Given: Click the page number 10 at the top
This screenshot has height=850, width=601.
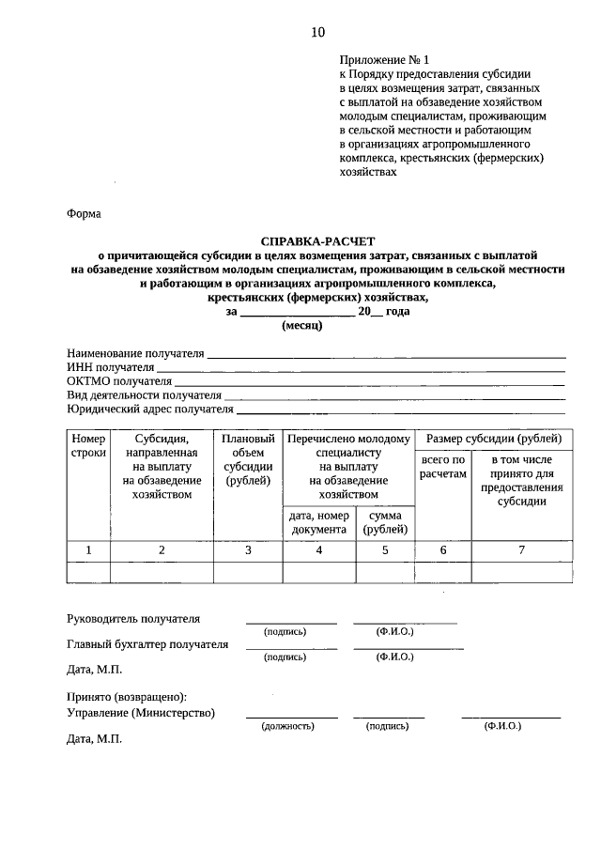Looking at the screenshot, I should click(x=317, y=32).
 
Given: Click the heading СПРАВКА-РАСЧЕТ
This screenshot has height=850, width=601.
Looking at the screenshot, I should click(x=317, y=240).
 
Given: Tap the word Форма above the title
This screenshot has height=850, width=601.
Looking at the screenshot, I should click(x=84, y=213).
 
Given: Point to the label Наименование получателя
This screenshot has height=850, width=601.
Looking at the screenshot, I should click(x=135, y=353).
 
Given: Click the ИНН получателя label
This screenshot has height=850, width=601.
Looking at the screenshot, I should click(x=110, y=367).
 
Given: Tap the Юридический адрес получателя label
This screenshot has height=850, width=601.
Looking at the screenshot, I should click(x=149, y=410).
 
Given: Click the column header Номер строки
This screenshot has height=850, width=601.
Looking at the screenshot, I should click(x=88, y=446).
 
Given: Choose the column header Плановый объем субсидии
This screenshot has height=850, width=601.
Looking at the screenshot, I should click(x=248, y=460).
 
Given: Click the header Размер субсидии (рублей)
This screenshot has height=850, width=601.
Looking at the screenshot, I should click(x=494, y=439).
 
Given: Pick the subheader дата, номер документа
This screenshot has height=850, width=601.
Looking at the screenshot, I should click(x=319, y=522).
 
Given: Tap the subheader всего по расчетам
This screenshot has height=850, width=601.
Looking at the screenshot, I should click(x=443, y=467).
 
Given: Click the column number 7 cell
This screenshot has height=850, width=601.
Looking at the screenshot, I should click(x=521, y=550).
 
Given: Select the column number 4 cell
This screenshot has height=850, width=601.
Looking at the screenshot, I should click(x=319, y=550).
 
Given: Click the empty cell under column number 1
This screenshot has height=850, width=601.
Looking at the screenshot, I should click(x=88, y=572).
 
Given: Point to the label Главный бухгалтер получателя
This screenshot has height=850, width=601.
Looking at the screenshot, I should click(x=147, y=644).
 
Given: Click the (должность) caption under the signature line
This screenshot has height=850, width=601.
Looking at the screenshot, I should click(x=291, y=727).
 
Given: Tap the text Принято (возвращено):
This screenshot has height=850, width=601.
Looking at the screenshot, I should click(x=127, y=698).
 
